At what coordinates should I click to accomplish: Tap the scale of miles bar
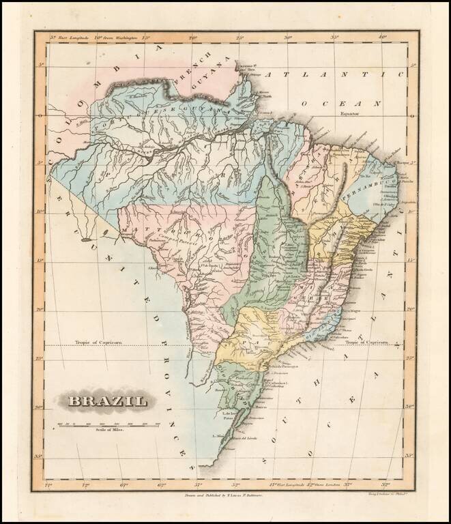(109, 424)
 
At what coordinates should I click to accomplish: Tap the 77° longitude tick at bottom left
(47, 486)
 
